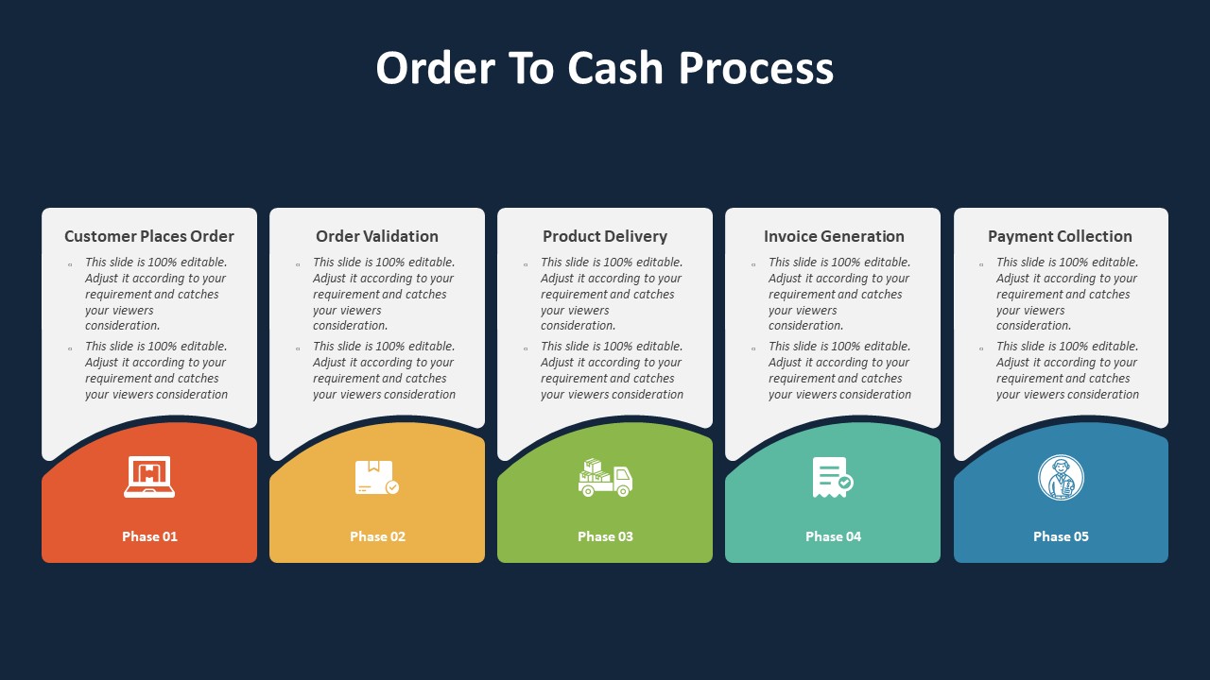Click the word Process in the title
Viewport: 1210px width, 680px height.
pos(756,68)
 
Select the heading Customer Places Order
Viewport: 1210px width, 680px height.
pos(149,236)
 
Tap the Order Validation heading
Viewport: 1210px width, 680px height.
pos(377,236)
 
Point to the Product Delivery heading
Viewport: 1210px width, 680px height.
pos(605,236)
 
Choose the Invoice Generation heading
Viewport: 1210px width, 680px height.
pos(834,236)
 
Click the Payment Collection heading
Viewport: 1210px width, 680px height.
pos(1060,236)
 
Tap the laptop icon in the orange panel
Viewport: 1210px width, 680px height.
pos(149,477)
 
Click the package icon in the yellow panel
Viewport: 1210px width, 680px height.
pos(376,478)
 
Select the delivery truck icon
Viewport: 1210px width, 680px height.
pos(605,478)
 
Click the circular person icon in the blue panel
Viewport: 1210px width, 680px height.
pos(1061,477)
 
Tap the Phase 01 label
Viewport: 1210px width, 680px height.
pos(149,536)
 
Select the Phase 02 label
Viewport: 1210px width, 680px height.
pos(377,536)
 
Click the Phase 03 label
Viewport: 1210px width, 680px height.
pos(605,536)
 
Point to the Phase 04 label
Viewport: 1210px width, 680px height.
pos(833,536)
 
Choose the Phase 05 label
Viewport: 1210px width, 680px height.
pos(1061,536)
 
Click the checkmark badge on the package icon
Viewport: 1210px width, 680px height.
pos(392,487)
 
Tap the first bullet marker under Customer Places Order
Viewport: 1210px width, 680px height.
pos(70,264)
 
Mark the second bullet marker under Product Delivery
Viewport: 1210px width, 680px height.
pos(526,348)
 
